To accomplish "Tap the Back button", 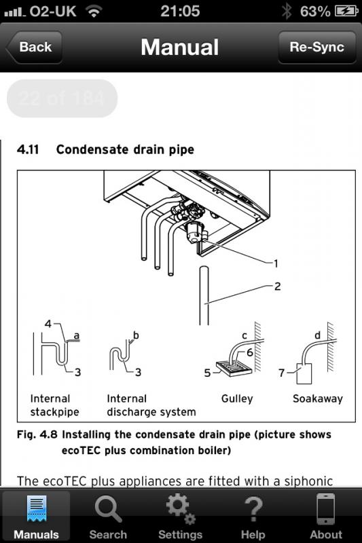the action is (x=34, y=47).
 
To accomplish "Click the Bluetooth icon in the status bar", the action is (x=287, y=11).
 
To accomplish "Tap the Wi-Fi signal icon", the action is (x=94, y=12).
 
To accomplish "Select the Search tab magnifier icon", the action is (x=108, y=508).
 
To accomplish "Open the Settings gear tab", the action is (x=181, y=508).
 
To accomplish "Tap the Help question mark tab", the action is (x=253, y=508).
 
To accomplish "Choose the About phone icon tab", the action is (x=325, y=508).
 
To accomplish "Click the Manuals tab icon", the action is (x=37, y=508).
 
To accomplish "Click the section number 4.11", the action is (x=28, y=149).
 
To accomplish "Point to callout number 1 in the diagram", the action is (x=276, y=264).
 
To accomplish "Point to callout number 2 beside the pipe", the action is (x=277, y=286).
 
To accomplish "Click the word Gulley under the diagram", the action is (x=237, y=399).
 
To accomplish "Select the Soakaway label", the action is (x=318, y=398).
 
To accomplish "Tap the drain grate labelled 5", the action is (x=234, y=369).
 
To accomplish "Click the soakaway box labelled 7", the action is (x=304, y=373).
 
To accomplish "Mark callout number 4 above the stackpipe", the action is (x=48, y=324).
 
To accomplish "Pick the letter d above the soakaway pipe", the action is (x=317, y=335).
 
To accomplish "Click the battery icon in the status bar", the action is (x=346, y=12).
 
